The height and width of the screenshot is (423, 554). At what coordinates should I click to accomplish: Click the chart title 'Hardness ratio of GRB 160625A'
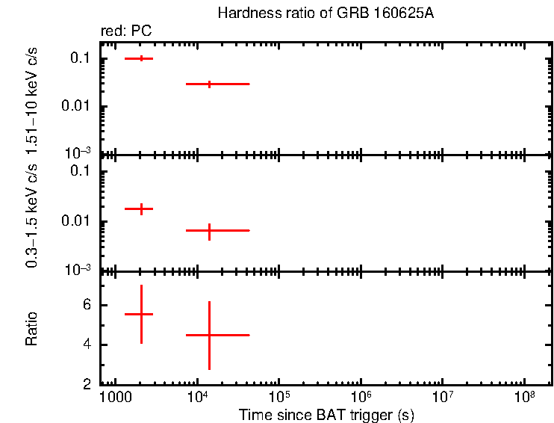pyautogui.click(x=325, y=13)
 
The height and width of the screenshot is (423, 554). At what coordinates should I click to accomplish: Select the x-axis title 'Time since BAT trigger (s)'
pyautogui.click(x=326, y=414)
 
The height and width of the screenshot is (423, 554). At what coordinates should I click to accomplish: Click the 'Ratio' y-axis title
pyautogui.click(x=32, y=328)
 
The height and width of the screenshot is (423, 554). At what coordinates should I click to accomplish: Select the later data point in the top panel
pyautogui.click(x=210, y=84)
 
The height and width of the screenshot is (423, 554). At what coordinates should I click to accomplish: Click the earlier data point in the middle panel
pyautogui.click(x=140, y=209)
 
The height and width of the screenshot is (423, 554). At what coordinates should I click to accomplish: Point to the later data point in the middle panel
pyautogui.click(x=210, y=231)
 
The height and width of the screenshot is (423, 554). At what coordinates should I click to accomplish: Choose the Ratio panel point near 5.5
pyautogui.click(x=140, y=315)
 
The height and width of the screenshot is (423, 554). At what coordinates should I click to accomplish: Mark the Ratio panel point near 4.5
pyautogui.click(x=210, y=335)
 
